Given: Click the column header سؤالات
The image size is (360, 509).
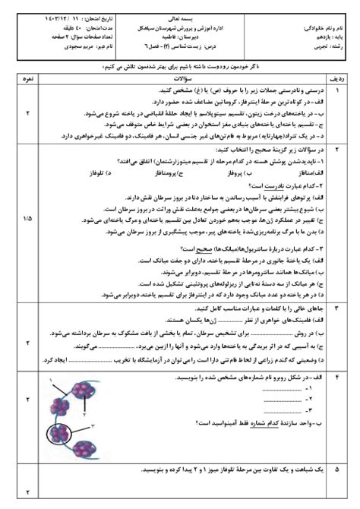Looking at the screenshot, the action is (179, 77).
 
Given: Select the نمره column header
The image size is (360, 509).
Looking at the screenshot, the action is (27, 77).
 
